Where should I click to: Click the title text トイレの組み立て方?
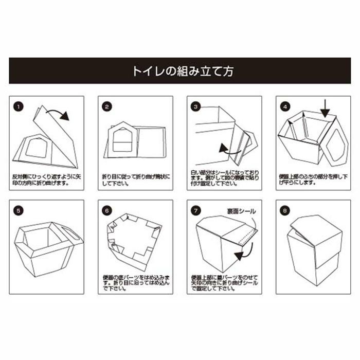pos(179,71)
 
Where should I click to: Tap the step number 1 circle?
pos(19,107)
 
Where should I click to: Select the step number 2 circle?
pos(107,107)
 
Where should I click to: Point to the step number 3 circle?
pos(195,107)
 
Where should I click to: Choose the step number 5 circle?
pos(19,210)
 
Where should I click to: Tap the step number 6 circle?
pos(107,210)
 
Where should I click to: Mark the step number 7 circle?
pos(195,210)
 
